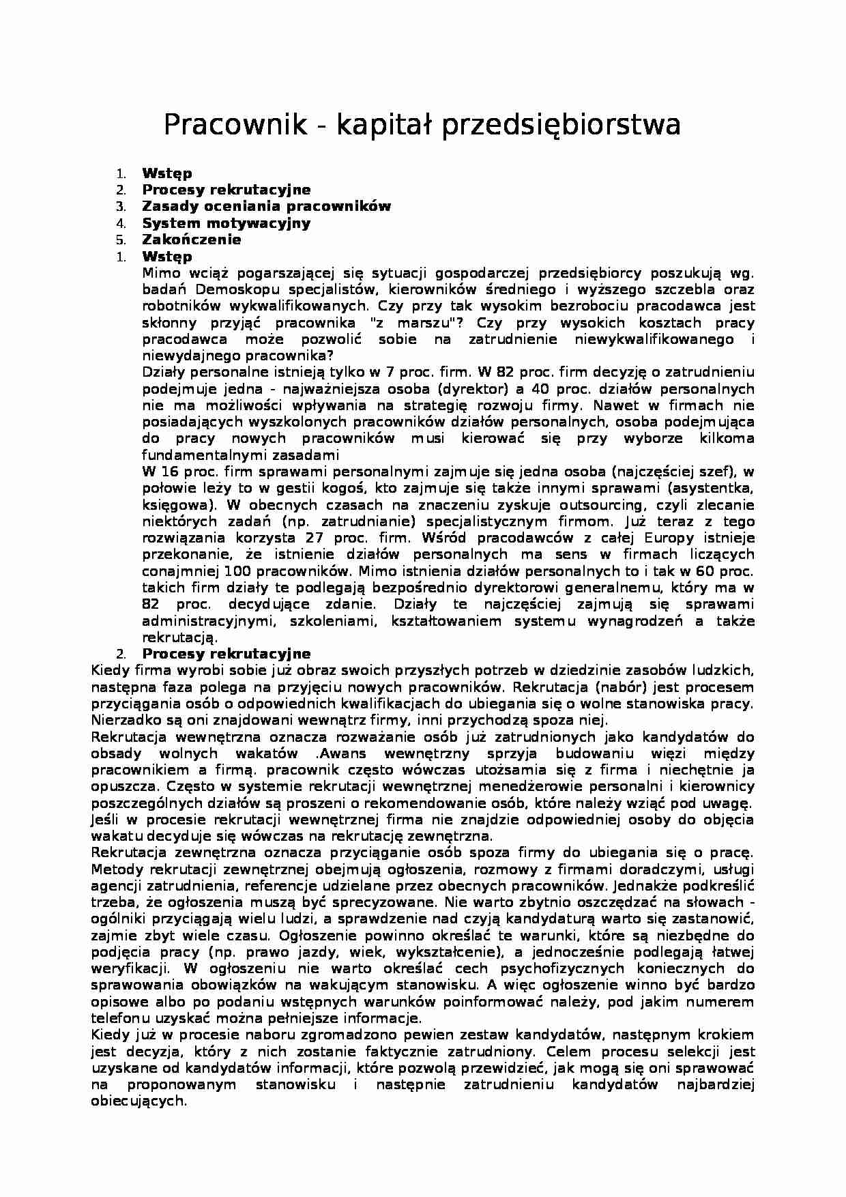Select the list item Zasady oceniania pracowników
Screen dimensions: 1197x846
coord(266,206)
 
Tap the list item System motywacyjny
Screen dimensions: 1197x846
coord(226,223)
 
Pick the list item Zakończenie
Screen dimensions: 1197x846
coord(191,240)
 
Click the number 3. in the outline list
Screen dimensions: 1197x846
coord(121,206)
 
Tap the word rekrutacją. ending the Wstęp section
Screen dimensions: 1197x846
coord(179,637)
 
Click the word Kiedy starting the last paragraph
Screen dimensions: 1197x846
coord(111,1035)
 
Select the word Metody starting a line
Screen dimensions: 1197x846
coord(116,869)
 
